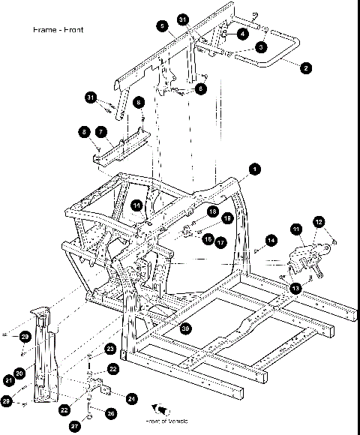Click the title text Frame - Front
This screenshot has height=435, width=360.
tap(58, 30)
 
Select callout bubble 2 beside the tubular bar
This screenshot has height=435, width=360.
tap(305, 67)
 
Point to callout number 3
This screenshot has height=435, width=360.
tap(260, 47)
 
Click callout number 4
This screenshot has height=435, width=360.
tap(243, 34)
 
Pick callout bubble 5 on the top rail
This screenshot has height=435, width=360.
tap(161, 25)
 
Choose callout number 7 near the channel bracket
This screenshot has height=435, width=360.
tap(98, 131)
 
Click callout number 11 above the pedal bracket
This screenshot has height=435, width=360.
tap(296, 229)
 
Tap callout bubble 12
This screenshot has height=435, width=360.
tap(319, 222)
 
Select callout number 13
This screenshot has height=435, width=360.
tap(296, 288)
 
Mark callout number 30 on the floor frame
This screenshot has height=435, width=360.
tap(184, 328)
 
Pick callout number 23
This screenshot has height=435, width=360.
tap(109, 349)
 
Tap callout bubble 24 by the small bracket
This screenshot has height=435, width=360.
tap(131, 397)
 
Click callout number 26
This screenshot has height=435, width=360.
tap(111, 412)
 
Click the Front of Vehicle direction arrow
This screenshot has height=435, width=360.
tap(159, 410)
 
